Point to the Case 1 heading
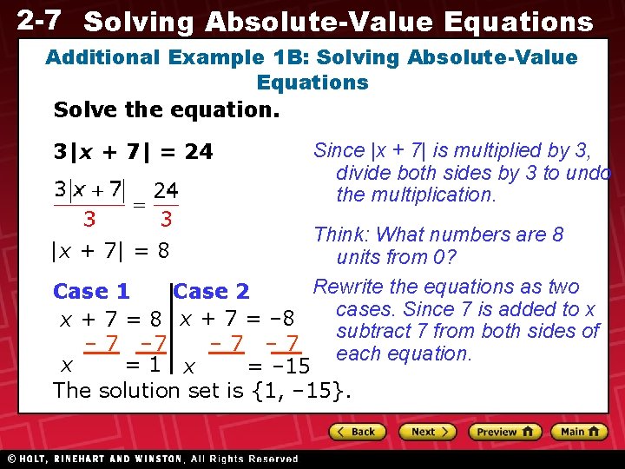click(x=91, y=292)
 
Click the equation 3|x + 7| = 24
click(x=133, y=152)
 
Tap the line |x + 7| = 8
click(x=110, y=252)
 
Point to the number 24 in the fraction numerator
click(x=166, y=189)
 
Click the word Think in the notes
click(x=341, y=234)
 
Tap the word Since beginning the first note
click(x=339, y=150)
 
